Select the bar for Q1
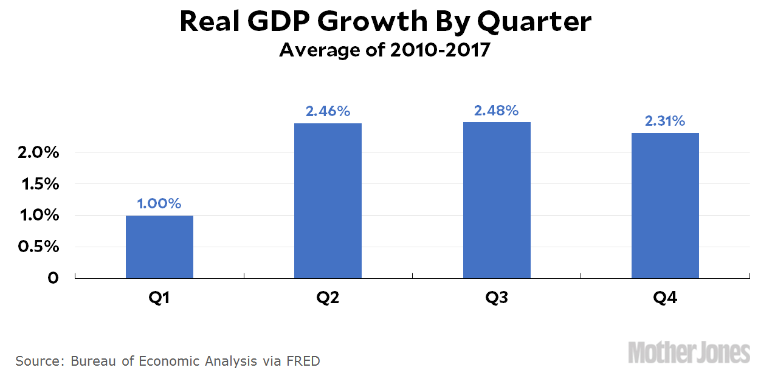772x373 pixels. click(x=159, y=247)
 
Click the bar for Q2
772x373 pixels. click(x=328, y=200)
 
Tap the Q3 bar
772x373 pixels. click(x=497, y=200)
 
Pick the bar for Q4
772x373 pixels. click(x=665, y=205)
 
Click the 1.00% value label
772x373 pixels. click(x=159, y=204)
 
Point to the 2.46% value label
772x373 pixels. click(x=328, y=111)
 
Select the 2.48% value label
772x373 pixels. click(x=497, y=111)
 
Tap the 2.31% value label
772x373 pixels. click(x=665, y=121)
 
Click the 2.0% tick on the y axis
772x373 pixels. click(x=38, y=152)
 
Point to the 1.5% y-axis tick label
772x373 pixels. click(x=38, y=184)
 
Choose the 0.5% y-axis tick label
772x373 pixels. click(x=38, y=247)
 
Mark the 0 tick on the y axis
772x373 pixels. click(x=53, y=278)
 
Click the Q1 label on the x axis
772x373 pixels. click(x=159, y=298)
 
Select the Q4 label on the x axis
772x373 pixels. click(x=665, y=298)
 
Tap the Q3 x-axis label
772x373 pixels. click(x=497, y=298)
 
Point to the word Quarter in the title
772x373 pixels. click(x=534, y=22)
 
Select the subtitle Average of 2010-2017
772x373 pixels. click(x=385, y=50)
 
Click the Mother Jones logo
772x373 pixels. click(x=689, y=353)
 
